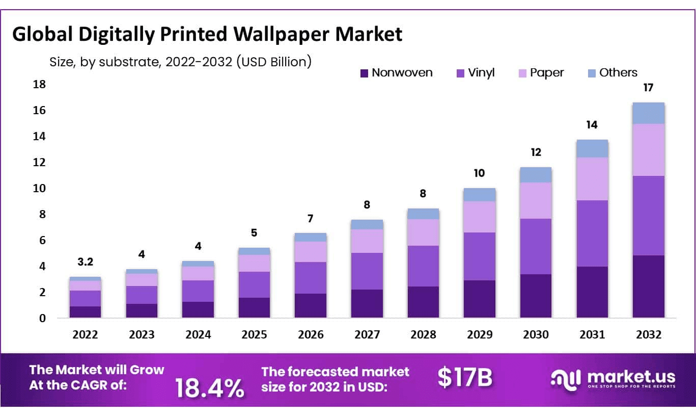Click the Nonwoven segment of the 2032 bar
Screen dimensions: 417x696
point(648,286)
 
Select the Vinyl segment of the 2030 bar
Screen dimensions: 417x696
point(536,246)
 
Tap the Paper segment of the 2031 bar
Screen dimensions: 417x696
point(592,178)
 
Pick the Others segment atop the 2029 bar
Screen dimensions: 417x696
point(480,195)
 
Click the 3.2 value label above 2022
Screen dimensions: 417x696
point(85,262)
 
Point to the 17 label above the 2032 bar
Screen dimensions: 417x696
point(648,88)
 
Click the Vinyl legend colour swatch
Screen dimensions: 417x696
point(461,73)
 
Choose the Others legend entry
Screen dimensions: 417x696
point(618,73)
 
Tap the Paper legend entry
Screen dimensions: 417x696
point(546,73)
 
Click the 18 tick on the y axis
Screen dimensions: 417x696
point(39,84)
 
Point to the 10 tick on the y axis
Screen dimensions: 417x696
point(39,188)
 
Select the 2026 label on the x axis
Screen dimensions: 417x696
point(311,334)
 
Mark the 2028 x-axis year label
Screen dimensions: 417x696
point(423,334)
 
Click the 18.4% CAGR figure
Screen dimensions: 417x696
point(210,388)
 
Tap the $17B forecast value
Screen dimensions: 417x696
point(465,378)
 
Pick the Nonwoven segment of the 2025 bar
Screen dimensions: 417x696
point(255,308)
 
